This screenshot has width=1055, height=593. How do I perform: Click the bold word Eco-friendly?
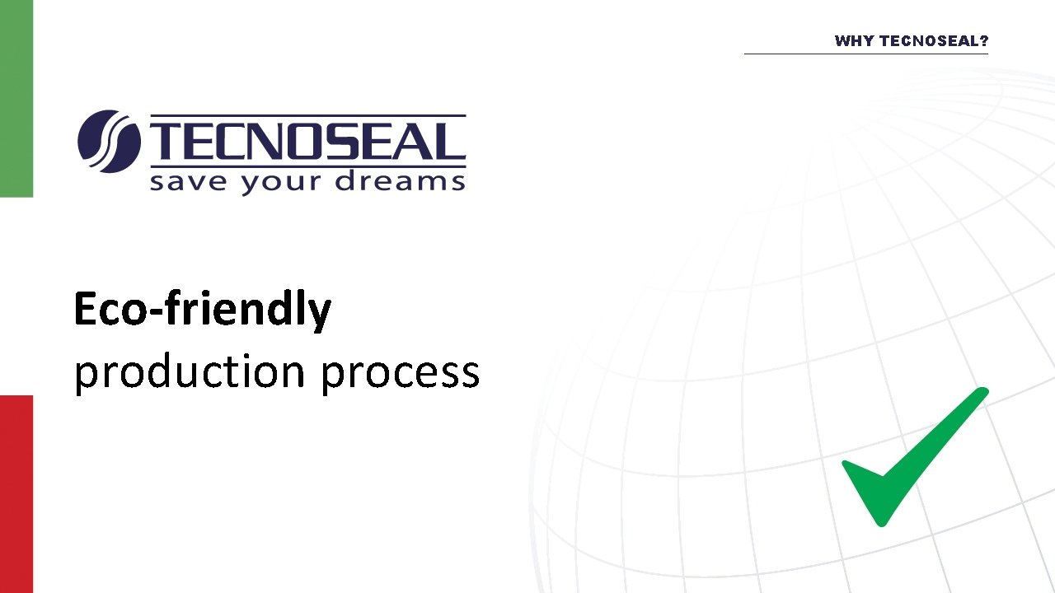pos(202,311)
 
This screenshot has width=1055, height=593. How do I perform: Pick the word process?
pos(400,372)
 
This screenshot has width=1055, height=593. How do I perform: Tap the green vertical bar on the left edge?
pos(16,99)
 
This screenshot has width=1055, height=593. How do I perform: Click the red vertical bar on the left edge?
pos(16,494)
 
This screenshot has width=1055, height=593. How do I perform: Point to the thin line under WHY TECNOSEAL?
pos(865,54)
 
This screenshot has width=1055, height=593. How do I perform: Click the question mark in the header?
pos(983,41)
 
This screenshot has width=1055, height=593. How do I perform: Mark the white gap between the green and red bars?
pos(16,296)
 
